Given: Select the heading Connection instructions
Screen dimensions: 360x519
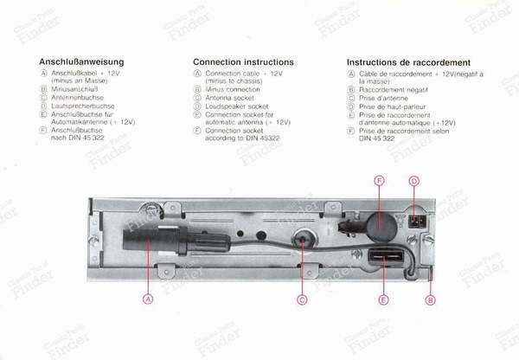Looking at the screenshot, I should [243, 62].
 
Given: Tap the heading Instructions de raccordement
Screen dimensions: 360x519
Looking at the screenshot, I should [408, 62].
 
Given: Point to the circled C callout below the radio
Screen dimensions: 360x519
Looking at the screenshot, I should [302, 299].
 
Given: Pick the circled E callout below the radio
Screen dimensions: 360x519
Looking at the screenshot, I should [383, 299].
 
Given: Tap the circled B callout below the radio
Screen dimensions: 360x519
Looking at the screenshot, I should [431, 299].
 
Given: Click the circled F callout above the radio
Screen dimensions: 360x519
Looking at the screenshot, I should [378, 180].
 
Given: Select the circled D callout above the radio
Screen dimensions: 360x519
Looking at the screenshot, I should [413, 180].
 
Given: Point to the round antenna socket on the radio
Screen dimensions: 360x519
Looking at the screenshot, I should [302, 240].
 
